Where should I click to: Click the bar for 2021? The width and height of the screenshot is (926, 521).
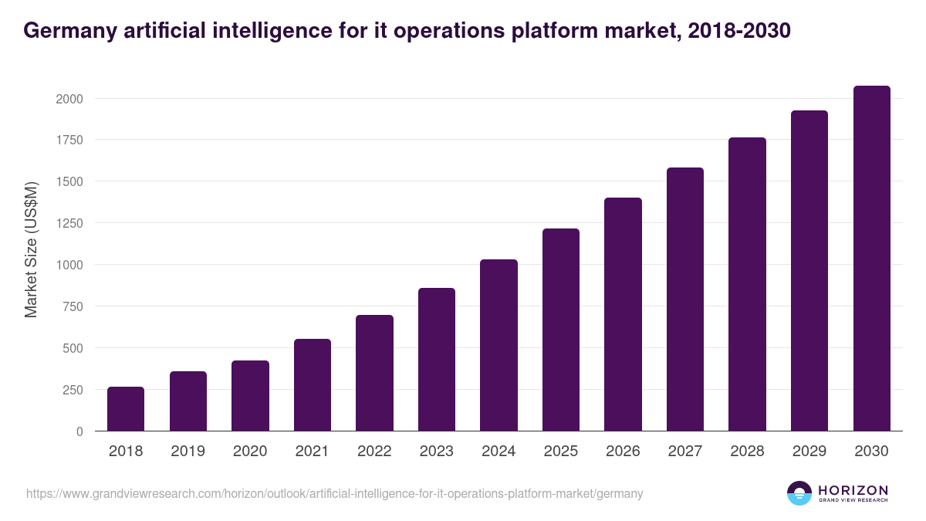(313, 385)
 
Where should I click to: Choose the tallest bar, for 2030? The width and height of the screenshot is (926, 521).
(871, 259)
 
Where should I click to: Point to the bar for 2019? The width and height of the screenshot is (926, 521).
(188, 401)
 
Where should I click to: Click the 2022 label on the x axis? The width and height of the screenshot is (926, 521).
(374, 452)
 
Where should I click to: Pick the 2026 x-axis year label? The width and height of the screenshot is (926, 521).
(623, 452)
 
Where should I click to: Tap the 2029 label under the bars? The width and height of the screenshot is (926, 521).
(809, 452)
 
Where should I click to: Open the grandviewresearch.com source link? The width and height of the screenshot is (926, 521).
(334, 493)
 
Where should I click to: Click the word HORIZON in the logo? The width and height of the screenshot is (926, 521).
(853, 490)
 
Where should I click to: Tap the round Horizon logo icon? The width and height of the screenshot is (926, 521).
(799, 493)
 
